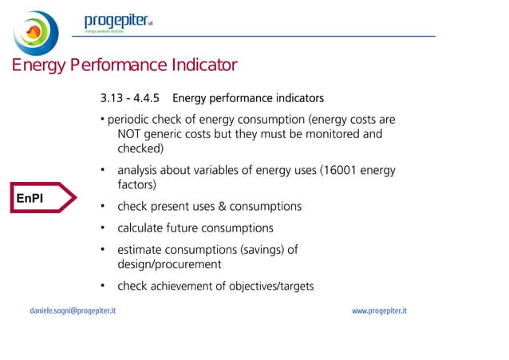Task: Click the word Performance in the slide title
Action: (x=106, y=65)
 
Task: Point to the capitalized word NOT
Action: (x=130, y=134)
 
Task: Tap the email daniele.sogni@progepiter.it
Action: (x=73, y=310)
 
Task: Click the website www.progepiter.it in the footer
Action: (x=379, y=310)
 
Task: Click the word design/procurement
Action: (x=169, y=264)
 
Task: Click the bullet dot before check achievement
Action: (x=104, y=287)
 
